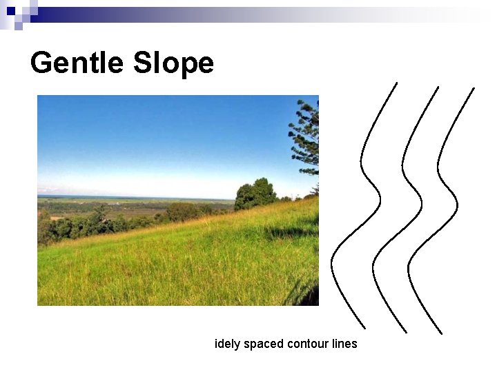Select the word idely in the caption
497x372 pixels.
(x=227, y=343)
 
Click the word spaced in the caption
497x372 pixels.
(x=262, y=344)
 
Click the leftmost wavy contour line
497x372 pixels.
(x=361, y=165)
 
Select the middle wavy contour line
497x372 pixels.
(x=402, y=165)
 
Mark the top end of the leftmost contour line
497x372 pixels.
(x=397, y=83)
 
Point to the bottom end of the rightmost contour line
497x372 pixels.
(x=441, y=333)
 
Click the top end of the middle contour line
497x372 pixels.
(x=438, y=87)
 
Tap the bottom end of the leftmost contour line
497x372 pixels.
(x=364, y=328)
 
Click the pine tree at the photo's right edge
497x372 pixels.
(x=306, y=138)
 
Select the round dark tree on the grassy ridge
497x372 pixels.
(x=255, y=194)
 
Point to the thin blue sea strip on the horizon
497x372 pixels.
(x=138, y=197)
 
